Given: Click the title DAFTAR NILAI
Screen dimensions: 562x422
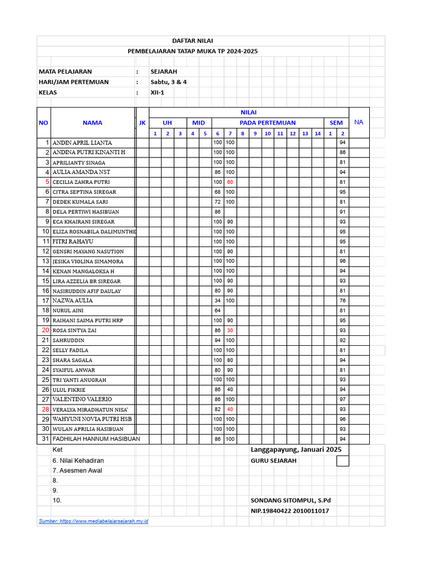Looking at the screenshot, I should (192, 41).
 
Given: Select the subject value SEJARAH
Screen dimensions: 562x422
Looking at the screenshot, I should (164, 71).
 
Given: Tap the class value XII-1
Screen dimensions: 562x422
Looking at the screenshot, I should (157, 92).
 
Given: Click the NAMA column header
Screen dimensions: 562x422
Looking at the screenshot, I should (92, 123).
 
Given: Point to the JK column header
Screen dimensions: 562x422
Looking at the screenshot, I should (142, 123).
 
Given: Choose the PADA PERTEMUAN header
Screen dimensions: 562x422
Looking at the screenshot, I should (268, 123).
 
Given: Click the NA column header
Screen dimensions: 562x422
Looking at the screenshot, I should (359, 122).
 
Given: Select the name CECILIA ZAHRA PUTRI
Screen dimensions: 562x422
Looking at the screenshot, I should (81, 182).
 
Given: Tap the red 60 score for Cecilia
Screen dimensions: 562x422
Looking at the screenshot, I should (230, 182).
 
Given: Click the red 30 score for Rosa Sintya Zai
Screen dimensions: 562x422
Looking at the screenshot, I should (230, 330).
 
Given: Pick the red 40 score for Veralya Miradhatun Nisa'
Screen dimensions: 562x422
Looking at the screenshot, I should (230, 409).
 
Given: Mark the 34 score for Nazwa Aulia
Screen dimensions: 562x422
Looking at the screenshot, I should (218, 301).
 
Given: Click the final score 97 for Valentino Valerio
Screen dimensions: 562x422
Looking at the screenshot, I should (342, 400).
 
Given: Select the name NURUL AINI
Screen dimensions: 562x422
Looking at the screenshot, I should (68, 311).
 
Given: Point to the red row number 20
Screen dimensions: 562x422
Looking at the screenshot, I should (45, 330).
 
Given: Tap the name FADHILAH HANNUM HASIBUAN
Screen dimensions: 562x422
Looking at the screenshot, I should (96, 439).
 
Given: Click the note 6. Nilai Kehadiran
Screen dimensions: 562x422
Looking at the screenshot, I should (78, 460).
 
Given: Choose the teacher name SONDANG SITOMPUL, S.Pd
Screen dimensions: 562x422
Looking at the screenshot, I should (291, 501).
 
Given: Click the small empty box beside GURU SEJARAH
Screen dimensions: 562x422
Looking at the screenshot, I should (342, 460).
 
